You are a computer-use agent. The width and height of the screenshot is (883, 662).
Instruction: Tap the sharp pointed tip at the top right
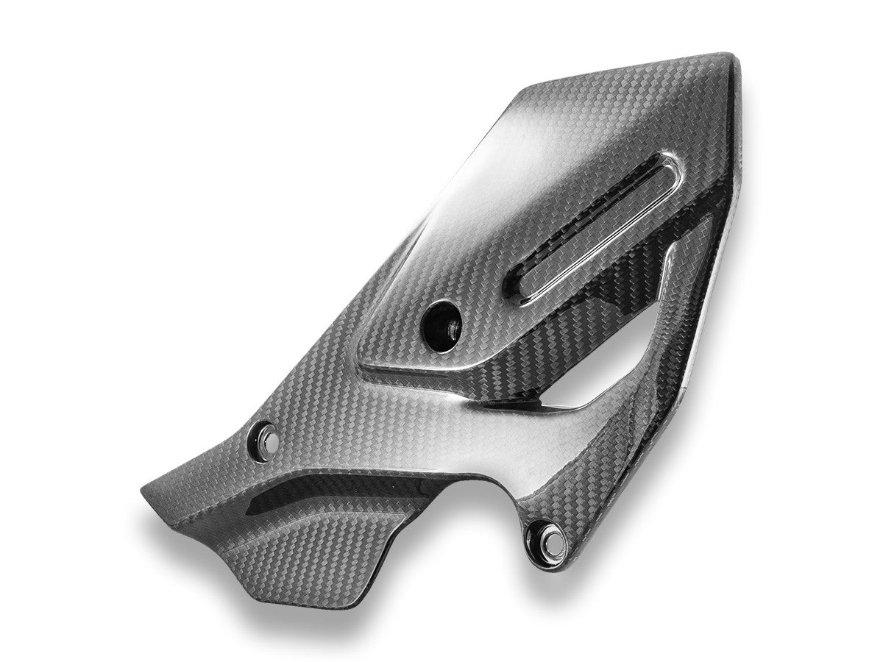click(724, 57)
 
